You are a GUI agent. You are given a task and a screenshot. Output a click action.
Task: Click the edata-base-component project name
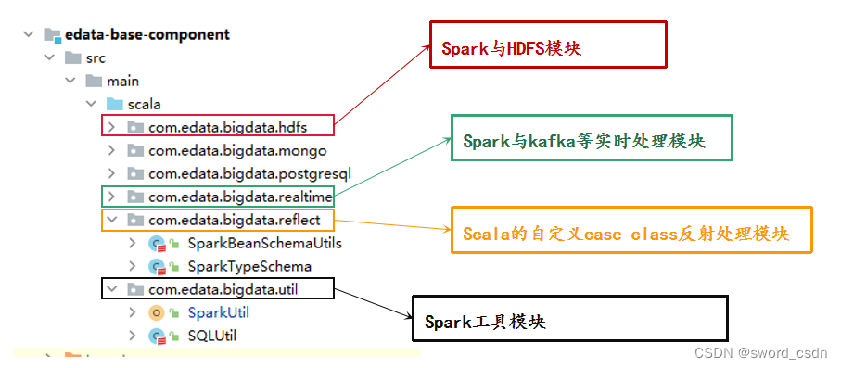147,35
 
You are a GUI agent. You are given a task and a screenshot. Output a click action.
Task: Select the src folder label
96,57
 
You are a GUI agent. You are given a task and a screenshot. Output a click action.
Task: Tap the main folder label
122,81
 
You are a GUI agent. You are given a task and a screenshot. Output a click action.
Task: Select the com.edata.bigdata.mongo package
236,150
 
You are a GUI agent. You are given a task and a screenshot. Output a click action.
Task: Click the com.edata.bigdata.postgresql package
248,173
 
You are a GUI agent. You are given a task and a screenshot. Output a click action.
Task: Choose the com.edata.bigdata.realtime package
239,197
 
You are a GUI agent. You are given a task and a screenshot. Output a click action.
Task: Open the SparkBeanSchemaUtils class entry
264,244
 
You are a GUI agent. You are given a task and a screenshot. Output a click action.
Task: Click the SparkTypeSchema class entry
249,267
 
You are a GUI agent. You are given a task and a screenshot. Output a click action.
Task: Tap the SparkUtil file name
218,313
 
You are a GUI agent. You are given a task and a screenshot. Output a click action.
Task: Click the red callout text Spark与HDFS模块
511,47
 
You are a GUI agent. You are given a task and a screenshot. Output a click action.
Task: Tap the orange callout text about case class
626,234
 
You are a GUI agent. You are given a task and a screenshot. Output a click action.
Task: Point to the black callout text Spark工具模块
485,322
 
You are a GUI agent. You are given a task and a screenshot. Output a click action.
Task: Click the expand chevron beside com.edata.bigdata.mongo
111,150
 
